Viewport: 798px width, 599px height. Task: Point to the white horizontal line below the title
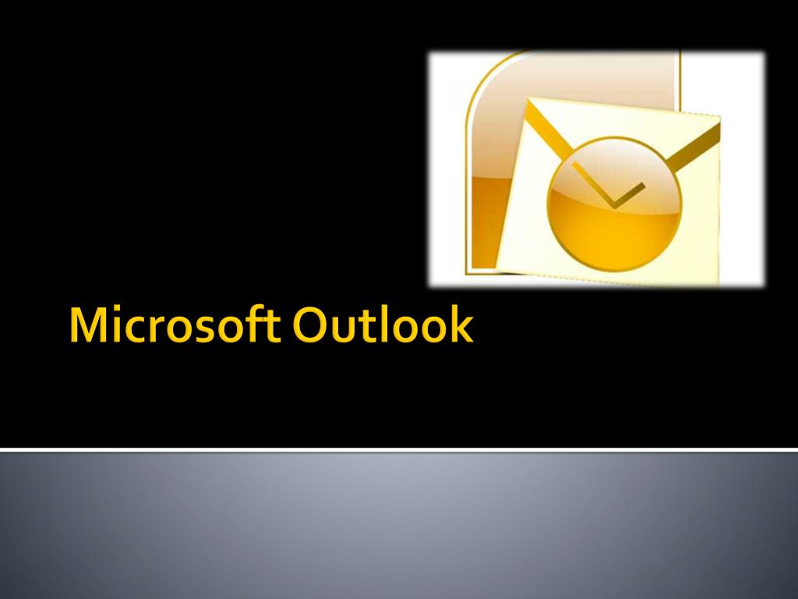[x=399, y=450]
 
